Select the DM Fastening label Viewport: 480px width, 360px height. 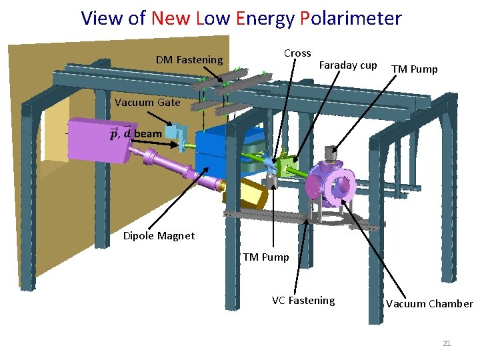click(189, 60)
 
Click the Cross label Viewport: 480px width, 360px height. click(297, 53)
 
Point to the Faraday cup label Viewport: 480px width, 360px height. click(348, 65)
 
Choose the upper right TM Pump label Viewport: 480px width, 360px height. click(414, 69)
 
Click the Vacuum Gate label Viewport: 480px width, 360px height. click(147, 103)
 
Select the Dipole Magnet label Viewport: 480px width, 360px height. click(159, 236)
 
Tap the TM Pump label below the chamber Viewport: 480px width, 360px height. click(266, 257)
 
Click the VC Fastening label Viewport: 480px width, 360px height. click(303, 301)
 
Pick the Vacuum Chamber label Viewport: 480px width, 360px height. click(429, 304)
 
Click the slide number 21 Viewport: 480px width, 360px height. click(447, 343)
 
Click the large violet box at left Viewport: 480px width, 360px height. click(100, 140)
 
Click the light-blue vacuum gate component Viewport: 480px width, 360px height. click(175, 133)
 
